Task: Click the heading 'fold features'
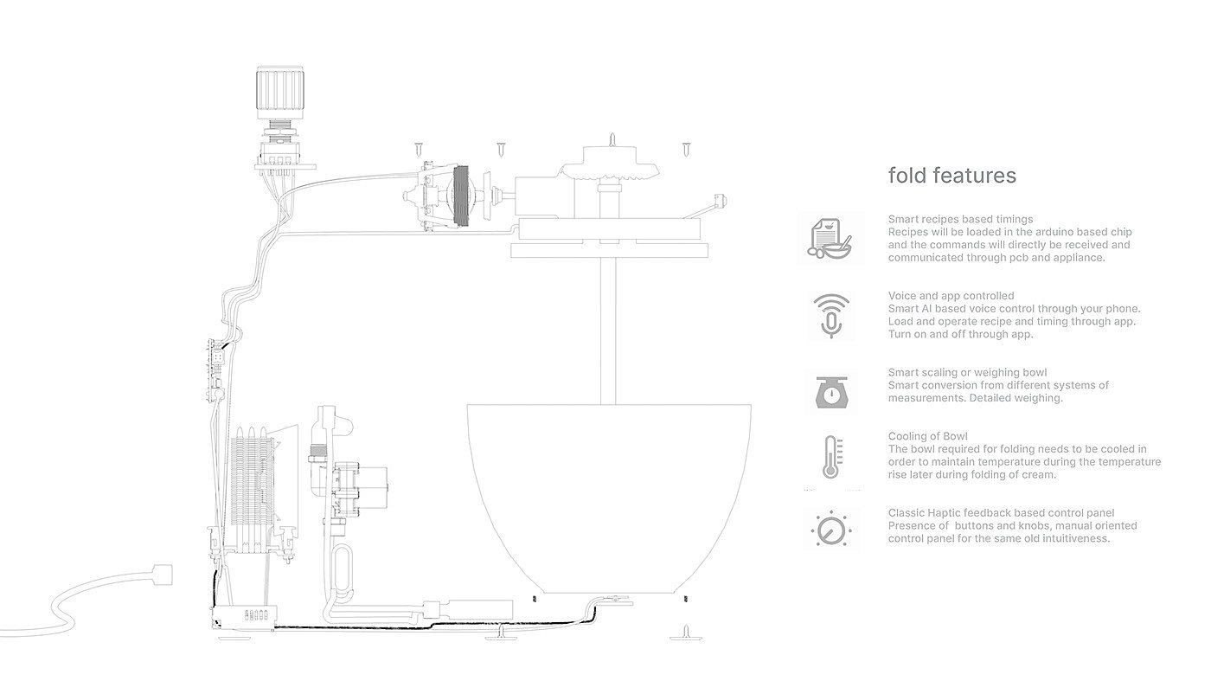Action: point(951,176)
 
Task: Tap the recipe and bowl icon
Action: point(830,238)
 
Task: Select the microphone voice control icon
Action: point(830,315)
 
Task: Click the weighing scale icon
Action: point(830,392)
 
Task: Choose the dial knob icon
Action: point(831,527)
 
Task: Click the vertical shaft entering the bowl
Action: point(613,329)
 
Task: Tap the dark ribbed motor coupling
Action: point(461,196)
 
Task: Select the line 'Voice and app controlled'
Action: point(951,296)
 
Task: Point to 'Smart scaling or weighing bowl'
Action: point(967,373)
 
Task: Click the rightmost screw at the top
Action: point(687,149)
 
